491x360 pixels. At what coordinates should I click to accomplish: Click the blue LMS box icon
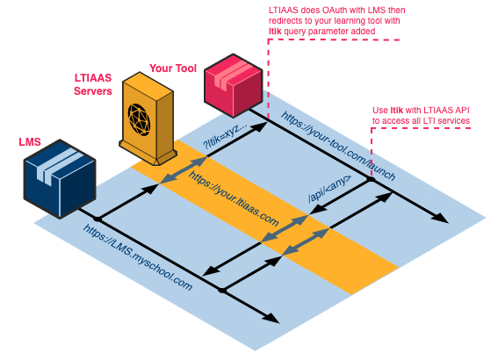pos(59,176)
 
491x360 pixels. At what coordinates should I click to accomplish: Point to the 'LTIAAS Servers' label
pos(93,84)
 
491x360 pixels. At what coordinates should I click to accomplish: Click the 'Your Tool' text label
pos(173,68)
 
